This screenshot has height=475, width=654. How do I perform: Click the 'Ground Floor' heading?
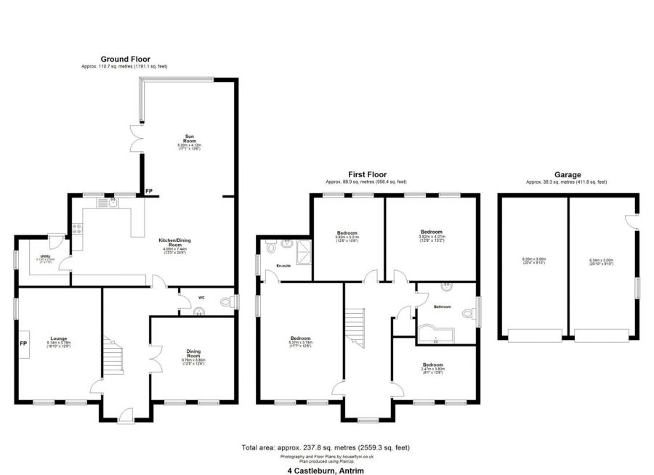[124, 59]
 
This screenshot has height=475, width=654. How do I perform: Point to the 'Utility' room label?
[45, 258]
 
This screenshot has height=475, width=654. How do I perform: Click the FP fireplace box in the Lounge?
[24, 343]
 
